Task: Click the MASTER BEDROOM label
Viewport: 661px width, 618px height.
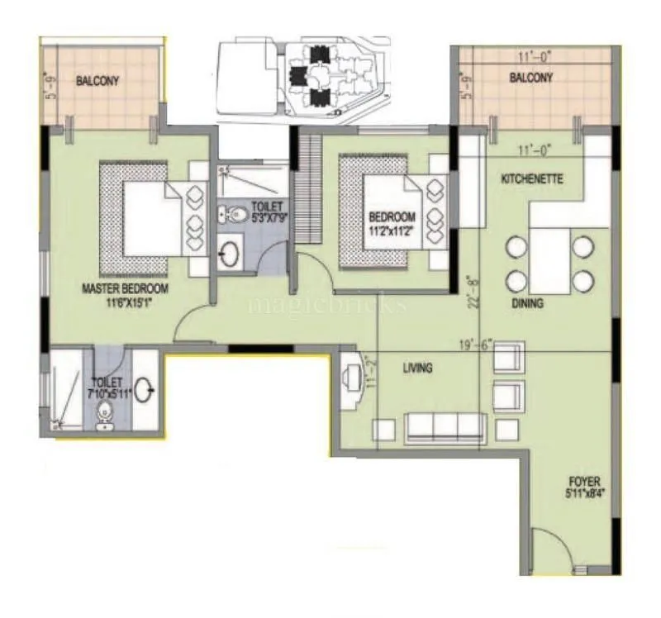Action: (125, 288)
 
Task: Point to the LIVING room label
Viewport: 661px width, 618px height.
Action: (417, 368)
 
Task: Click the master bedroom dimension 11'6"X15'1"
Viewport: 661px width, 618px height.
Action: (125, 302)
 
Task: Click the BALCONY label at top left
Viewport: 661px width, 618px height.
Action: (97, 81)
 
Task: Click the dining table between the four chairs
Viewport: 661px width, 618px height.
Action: (550, 264)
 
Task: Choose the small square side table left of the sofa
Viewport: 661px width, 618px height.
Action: (383, 430)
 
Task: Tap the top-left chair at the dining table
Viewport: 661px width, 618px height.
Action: (517, 247)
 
